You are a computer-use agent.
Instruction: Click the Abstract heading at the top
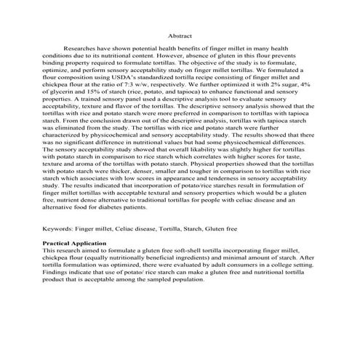point(180,34)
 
